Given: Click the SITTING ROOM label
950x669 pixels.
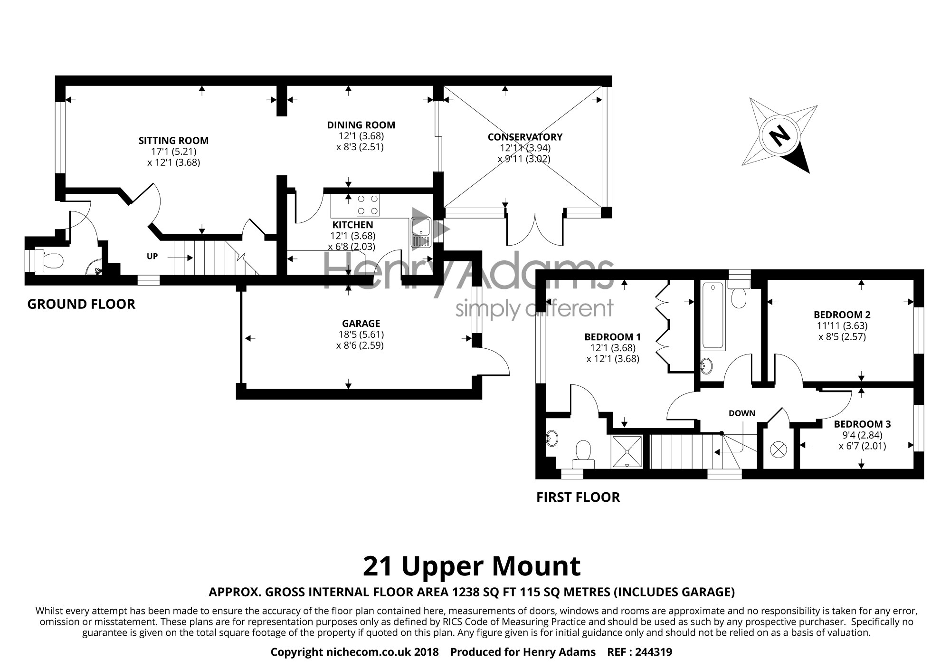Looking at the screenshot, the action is tap(173, 140).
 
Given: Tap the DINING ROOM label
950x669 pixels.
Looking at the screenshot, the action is tap(361, 125).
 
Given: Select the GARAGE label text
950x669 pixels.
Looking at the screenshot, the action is tap(361, 324).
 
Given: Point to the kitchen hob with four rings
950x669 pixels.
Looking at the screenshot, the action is tap(368, 205).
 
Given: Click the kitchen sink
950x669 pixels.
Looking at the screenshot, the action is tap(421, 233).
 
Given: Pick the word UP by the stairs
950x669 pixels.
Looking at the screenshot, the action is tap(152, 257).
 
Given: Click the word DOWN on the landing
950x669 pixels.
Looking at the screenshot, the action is tap(742, 413).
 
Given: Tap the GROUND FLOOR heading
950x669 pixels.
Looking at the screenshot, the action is tap(81, 304).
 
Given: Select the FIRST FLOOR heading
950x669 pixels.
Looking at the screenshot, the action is tap(578, 497).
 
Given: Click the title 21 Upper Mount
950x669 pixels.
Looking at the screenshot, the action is tap(472, 566).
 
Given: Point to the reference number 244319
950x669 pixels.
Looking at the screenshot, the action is tap(653, 652).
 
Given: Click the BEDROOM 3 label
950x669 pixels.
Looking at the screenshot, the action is tap(862, 424).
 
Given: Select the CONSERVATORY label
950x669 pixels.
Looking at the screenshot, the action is tap(525, 137).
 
